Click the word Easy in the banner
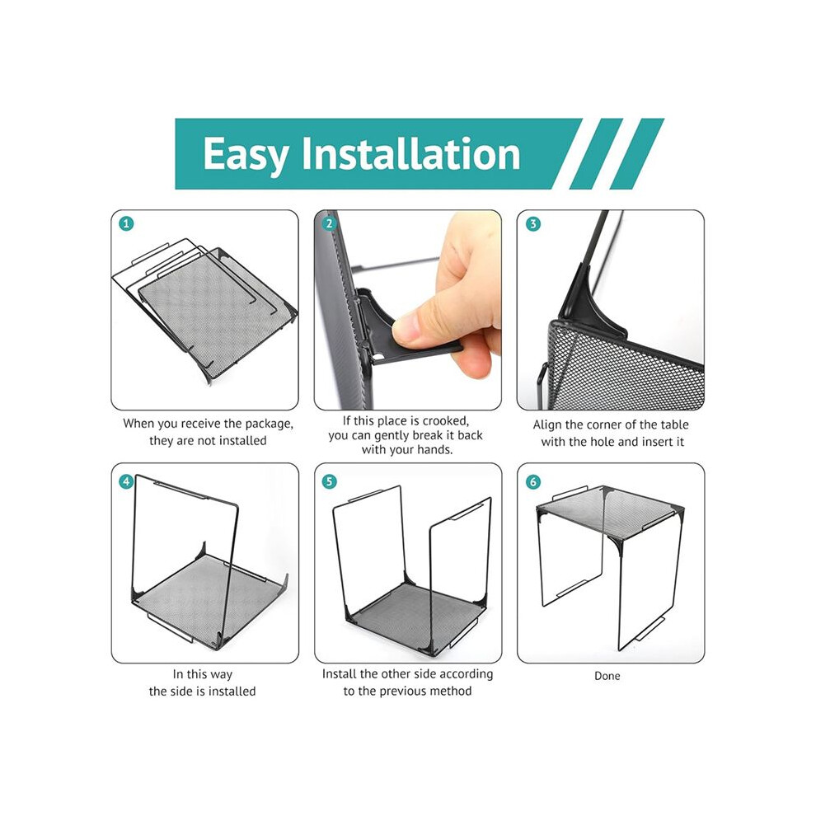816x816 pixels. tap(246, 154)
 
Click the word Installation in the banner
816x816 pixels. tap(411, 153)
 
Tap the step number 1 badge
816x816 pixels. tap(126, 223)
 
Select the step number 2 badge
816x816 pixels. tap(329, 223)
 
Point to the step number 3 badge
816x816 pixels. tap(532, 223)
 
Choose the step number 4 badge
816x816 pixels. tap(126, 481)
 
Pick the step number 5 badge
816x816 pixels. tap(329, 481)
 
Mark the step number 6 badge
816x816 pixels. tap(532, 482)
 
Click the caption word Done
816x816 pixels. tap(607, 676)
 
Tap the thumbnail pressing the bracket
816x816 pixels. tap(407, 310)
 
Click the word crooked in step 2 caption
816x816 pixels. tap(445, 420)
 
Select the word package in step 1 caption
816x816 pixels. tap(269, 424)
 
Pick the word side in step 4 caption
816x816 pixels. tap(178, 692)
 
